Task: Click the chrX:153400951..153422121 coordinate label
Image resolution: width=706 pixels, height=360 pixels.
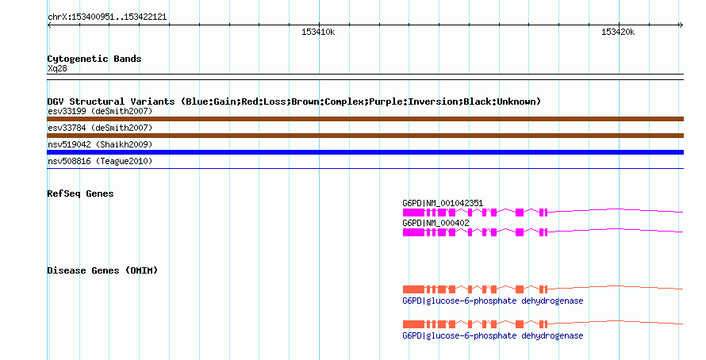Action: point(107,17)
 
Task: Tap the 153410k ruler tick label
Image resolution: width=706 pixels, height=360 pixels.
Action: point(318,32)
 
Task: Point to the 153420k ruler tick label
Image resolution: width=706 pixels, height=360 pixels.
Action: point(618,32)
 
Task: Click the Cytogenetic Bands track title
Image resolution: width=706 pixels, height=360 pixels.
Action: point(94,59)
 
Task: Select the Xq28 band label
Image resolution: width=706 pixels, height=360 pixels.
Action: point(57,69)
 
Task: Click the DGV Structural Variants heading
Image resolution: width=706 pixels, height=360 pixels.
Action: point(294,101)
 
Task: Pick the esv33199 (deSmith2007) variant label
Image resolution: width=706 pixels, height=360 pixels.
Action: point(100,111)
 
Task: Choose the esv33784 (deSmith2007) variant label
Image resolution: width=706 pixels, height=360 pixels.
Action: point(100,128)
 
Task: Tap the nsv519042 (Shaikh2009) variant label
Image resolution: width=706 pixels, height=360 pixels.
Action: point(100,144)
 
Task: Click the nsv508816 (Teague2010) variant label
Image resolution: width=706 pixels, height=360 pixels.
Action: point(100,161)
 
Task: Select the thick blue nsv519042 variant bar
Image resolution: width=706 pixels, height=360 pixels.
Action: point(365,152)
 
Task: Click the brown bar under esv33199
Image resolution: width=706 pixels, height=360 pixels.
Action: point(365,119)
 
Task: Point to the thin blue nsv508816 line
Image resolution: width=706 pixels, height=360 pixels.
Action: point(365,169)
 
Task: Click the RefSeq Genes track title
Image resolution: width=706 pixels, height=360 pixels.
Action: point(81,194)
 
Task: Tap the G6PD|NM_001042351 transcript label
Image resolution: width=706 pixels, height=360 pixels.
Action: point(443,204)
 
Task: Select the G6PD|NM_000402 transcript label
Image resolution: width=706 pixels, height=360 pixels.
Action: point(435,223)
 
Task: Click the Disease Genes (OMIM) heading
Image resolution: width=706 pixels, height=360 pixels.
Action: point(102,270)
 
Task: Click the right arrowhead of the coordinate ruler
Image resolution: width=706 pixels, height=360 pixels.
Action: point(681,25)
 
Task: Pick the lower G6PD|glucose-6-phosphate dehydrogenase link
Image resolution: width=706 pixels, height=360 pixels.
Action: point(493,335)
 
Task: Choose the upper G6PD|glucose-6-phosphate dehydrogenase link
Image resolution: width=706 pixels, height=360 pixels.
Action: point(493,301)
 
